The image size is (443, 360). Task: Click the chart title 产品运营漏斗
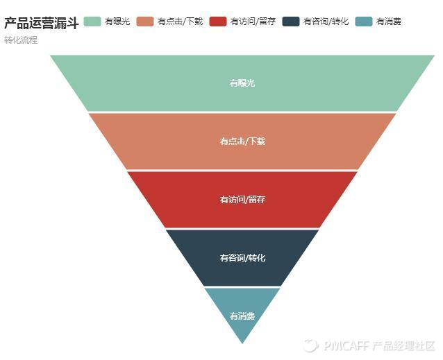point(41,23)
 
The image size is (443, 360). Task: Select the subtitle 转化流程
point(21,40)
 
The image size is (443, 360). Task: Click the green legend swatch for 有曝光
point(92,22)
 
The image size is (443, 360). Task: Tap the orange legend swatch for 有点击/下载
point(145,22)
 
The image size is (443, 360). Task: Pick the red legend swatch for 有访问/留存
point(217,22)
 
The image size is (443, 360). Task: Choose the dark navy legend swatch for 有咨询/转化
point(291,22)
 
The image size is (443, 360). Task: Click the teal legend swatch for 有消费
point(363,22)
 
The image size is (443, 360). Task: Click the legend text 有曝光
point(117,22)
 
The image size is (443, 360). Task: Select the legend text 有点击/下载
point(180,22)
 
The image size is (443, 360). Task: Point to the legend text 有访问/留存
point(253,22)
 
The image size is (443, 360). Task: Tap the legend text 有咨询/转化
point(326,22)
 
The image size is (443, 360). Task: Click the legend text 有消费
point(389,22)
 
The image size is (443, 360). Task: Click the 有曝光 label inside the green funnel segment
point(242,83)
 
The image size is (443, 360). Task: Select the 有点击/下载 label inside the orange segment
point(242,142)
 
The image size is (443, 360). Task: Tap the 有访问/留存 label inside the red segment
point(242,200)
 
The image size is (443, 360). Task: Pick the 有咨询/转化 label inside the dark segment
point(242,258)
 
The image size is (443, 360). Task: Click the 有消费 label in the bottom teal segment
point(242,316)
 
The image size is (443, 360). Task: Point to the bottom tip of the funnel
point(242,342)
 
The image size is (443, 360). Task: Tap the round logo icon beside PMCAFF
point(310,345)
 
